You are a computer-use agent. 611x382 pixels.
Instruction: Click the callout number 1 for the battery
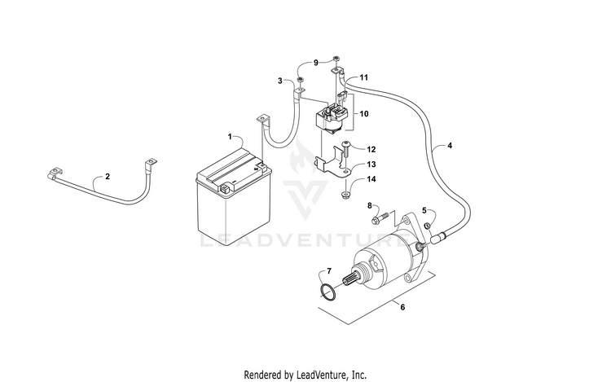(x=231, y=136)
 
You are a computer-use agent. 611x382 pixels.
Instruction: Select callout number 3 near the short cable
(x=280, y=81)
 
